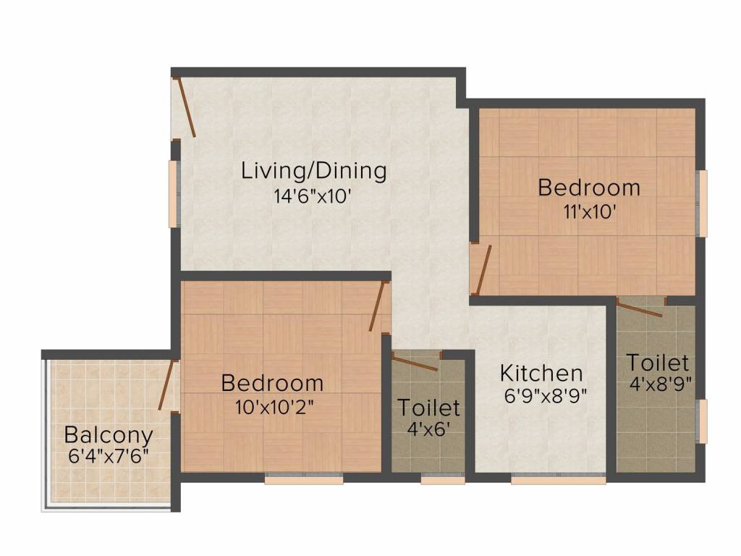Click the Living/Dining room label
point(313,172)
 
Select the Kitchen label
point(541,373)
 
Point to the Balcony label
point(109,435)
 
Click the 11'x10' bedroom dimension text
point(588,212)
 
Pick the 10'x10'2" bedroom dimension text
point(272,407)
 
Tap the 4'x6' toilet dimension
point(429,429)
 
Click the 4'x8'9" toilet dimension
point(657,384)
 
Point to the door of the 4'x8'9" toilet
point(641,308)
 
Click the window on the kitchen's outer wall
point(558,479)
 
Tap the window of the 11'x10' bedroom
point(701,203)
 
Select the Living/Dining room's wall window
point(174,193)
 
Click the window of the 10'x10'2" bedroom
point(293,479)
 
